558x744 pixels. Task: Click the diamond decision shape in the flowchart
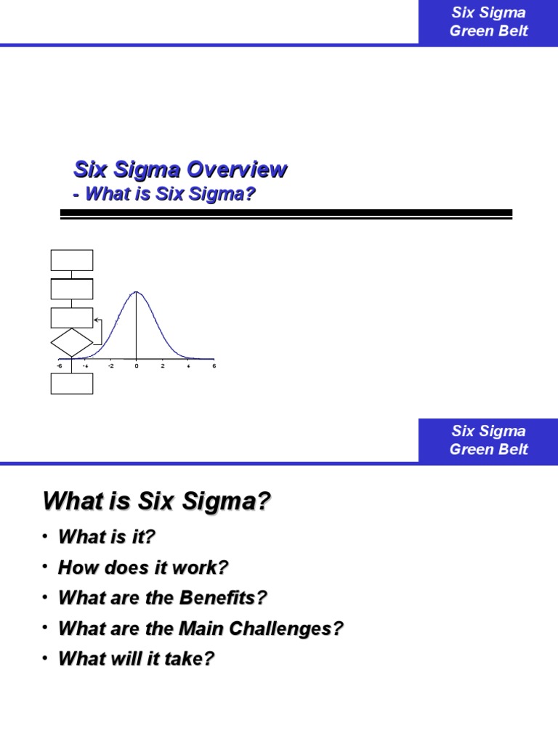72,342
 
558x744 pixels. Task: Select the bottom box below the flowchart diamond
72,383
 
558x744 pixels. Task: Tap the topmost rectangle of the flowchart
72,260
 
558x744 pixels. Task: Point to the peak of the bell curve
137,292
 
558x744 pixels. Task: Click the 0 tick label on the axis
137,365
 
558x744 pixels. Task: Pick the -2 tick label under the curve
110,365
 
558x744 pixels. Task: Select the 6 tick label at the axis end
214,365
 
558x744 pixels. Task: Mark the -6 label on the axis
59,365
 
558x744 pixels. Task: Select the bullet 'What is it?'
107,537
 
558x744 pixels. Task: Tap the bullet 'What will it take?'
137,659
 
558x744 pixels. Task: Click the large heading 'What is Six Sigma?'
157,501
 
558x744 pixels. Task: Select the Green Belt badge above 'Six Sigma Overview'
488,22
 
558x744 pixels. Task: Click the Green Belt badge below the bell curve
488,440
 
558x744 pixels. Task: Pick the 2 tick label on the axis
163,365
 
